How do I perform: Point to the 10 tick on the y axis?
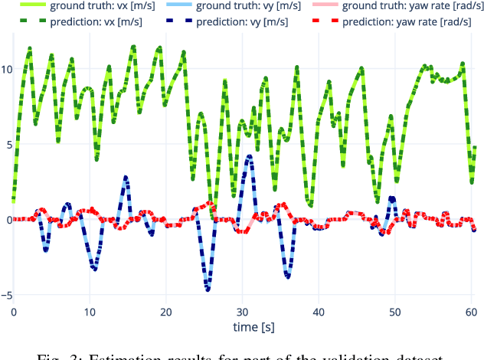click(6, 69)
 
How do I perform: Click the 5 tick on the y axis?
click(5, 144)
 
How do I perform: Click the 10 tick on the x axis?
click(90, 312)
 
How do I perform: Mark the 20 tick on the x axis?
click(165, 312)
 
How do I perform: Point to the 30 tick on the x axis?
click(242, 312)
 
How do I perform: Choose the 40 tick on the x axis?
click(318, 312)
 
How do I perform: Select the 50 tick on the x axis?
click(394, 312)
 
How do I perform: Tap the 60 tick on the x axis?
click(470, 312)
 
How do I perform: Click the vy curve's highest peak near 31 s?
click(250, 156)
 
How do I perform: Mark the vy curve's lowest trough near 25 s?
click(207, 289)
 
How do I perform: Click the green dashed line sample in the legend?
click(28, 21)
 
